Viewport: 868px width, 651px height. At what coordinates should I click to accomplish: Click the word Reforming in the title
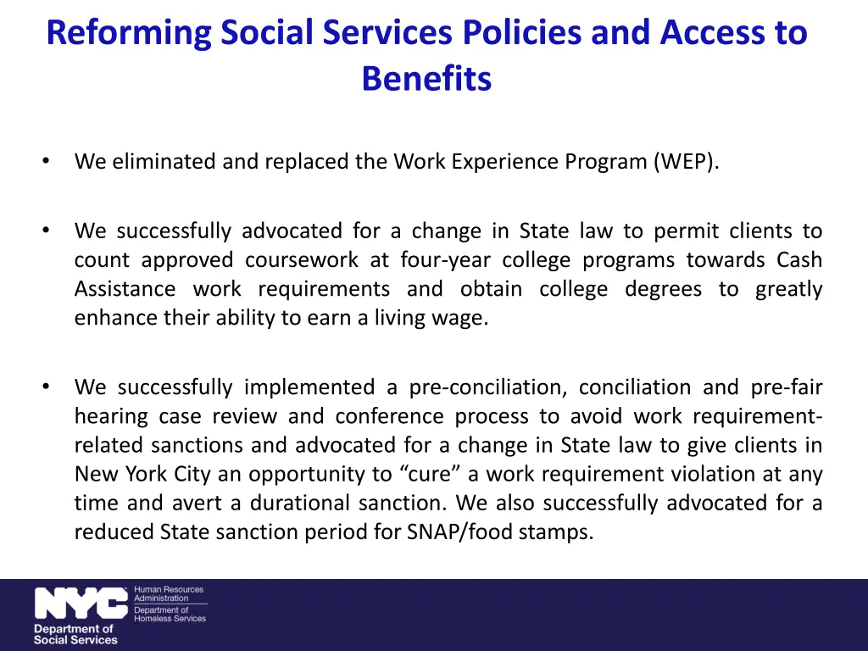[x=127, y=34]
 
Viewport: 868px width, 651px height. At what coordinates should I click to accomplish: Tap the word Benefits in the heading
[x=426, y=80]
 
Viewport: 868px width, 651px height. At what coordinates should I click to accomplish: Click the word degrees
[x=663, y=289]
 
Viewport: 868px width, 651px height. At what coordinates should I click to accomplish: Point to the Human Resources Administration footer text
[x=169, y=593]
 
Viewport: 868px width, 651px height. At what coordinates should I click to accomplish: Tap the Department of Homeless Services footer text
[x=170, y=614]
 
